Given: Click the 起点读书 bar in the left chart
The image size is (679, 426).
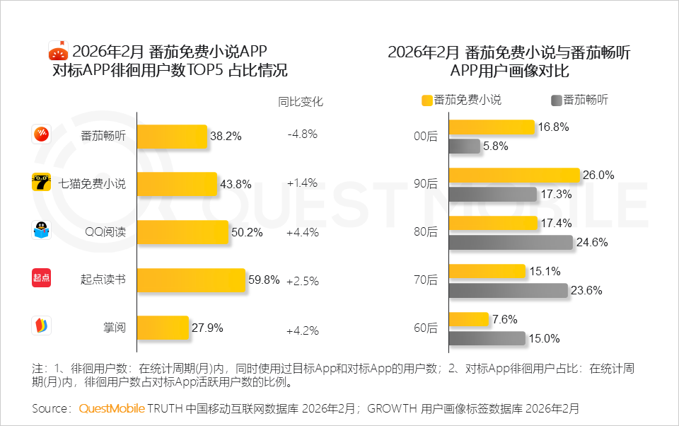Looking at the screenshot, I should point(191,280).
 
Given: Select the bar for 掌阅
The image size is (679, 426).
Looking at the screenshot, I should point(163,328).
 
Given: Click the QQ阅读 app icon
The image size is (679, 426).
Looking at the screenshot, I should point(41,231).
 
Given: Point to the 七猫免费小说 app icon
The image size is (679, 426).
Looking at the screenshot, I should point(41,183).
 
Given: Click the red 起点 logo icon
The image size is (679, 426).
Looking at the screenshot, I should point(41,279).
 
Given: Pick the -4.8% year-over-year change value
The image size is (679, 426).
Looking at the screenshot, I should point(302,134).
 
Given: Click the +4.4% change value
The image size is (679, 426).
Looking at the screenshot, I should point(302,232).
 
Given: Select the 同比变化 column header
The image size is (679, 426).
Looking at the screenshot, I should point(301,102).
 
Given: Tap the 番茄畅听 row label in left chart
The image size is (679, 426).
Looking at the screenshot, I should point(103,136).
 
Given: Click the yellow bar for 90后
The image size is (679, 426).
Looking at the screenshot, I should point(514,175).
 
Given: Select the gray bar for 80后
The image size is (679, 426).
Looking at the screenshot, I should point(511,242).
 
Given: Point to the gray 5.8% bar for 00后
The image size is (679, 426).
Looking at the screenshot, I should point(465,146).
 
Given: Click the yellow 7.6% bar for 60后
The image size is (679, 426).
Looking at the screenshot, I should point(469,319).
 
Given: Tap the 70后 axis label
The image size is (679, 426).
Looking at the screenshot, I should point(426,280).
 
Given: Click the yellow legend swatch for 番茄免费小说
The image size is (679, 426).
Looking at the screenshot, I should point(426,100).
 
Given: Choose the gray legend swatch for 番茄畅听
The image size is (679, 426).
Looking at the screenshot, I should point(555,100).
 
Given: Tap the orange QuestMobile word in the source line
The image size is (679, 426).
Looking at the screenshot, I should point(112,409).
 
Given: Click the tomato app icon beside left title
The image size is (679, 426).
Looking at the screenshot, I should point(57,51).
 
